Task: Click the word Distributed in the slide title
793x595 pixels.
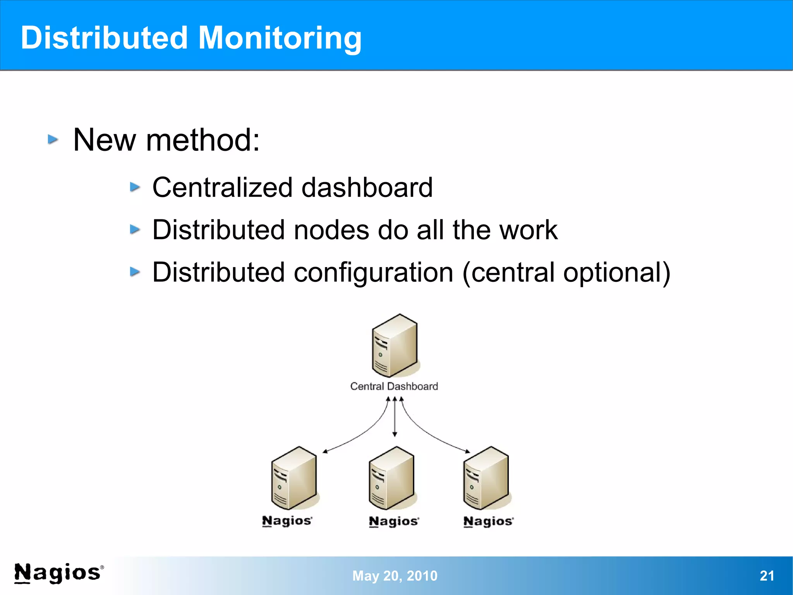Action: click(x=104, y=38)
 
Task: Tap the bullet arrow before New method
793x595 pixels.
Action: click(x=53, y=140)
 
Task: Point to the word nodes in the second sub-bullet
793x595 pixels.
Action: click(x=331, y=230)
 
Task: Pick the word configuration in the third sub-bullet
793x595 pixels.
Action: click(x=373, y=272)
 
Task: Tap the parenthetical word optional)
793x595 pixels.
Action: click(x=616, y=272)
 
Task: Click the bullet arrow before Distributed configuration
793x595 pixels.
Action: click(x=135, y=272)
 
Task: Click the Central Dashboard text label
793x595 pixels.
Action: click(x=394, y=386)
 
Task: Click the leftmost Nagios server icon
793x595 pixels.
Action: click(x=294, y=478)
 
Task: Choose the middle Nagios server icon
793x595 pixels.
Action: click(x=391, y=478)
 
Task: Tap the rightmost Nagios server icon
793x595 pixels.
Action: click(x=486, y=478)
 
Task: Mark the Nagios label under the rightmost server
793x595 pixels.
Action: click(x=488, y=521)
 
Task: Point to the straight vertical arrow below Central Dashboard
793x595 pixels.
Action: click(x=395, y=417)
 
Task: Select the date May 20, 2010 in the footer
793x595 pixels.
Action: click(x=395, y=576)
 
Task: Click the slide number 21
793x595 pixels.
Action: click(x=767, y=576)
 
